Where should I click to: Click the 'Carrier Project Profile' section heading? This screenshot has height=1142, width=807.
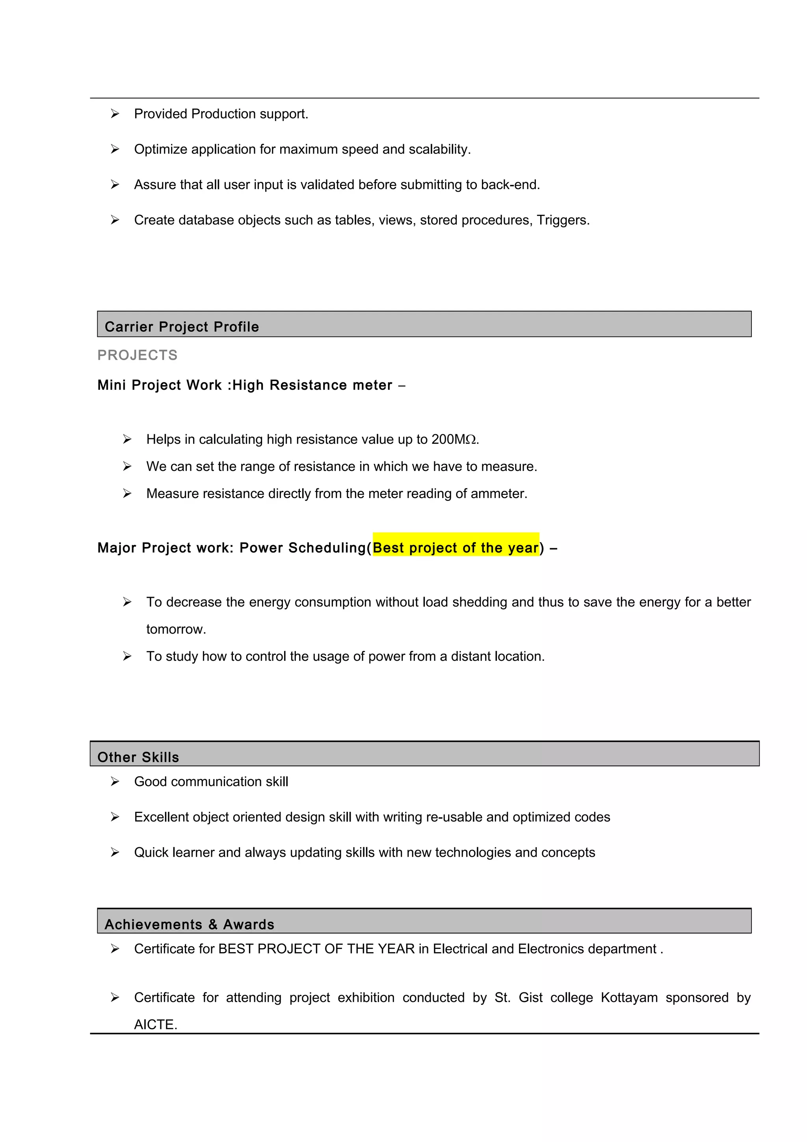(182, 327)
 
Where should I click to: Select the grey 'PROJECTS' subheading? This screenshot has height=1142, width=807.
(137, 355)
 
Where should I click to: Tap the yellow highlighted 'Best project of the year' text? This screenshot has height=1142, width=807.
(456, 548)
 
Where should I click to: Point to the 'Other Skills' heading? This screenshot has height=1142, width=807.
(138, 757)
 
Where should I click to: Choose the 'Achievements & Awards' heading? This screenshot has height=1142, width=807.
(189, 924)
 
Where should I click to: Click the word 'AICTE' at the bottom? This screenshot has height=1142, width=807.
(154, 1025)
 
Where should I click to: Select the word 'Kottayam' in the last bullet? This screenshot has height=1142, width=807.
(629, 997)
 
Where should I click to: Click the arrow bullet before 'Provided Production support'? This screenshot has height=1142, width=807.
(115, 114)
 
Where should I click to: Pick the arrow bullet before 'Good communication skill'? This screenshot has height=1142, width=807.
(115, 781)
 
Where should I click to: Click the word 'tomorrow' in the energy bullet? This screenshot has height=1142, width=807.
(175, 629)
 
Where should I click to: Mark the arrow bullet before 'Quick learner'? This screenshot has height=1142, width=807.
(115, 852)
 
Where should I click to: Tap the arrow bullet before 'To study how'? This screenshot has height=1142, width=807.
(127, 656)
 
